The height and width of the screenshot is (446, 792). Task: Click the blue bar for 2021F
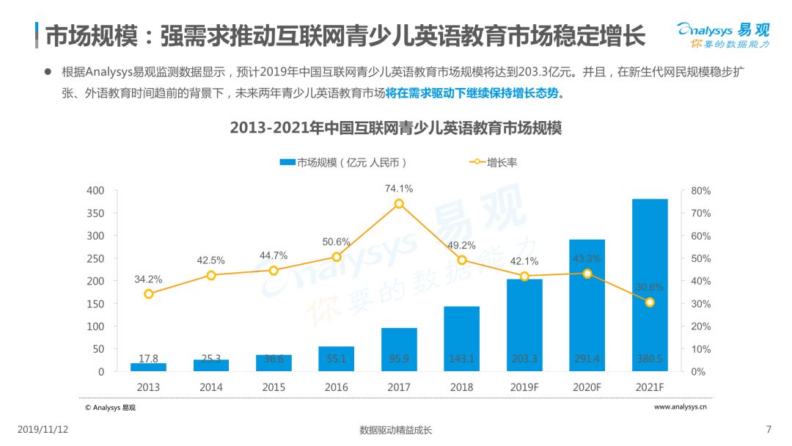click(650, 285)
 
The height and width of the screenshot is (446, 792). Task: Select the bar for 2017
click(399, 349)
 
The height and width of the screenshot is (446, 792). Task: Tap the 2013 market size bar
click(148, 368)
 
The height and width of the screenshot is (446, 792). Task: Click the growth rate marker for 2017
click(399, 203)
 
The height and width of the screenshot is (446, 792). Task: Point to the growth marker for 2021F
click(650, 302)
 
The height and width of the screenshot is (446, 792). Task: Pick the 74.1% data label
click(399, 189)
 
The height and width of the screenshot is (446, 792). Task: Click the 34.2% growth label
click(148, 279)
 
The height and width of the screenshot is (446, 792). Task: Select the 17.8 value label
click(148, 358)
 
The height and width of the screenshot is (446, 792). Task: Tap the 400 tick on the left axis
click(95, 191)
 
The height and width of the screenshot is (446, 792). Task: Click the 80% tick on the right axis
click(700, 191)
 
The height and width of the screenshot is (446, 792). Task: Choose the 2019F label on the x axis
click(524, 387)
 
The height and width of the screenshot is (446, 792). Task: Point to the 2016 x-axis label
click(337, 387)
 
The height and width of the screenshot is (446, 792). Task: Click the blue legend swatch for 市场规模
click(287, 162)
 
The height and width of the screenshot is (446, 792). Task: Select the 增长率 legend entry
click(494, 162)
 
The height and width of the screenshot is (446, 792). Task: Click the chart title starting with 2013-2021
click(396, 128)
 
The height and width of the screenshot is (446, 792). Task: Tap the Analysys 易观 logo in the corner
click(723, 35)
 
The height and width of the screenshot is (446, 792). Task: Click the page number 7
click(769, 429)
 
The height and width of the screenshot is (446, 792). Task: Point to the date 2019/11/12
click(43, 429)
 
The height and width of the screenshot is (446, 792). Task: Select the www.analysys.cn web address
click(681, 406)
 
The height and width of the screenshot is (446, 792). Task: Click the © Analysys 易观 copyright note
click(110, 408)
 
